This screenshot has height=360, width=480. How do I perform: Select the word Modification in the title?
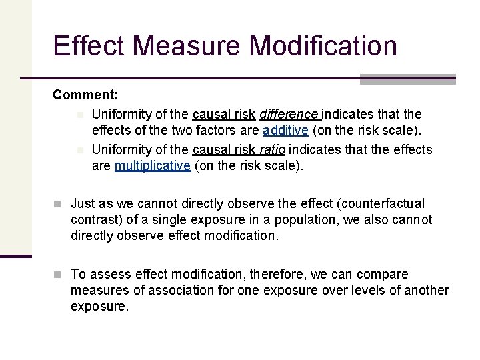[323, 46]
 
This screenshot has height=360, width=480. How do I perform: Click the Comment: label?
[85, 95]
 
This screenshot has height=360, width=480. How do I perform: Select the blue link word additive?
[285, 131]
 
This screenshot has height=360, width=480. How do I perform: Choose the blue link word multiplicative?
[153, 166]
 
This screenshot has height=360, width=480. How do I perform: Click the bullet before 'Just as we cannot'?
[59, 203]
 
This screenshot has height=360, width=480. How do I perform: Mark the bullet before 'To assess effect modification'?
[59, 274]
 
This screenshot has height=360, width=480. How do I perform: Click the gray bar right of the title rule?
[407, 79]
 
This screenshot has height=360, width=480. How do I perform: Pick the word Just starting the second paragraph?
[84, 203]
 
